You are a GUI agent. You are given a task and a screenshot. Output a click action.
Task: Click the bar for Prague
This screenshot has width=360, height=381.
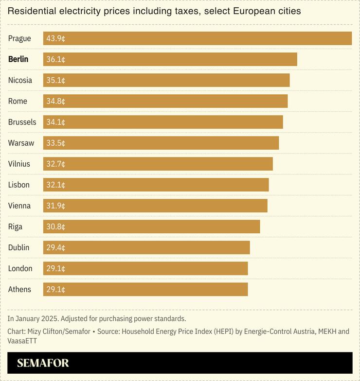pos(197,38)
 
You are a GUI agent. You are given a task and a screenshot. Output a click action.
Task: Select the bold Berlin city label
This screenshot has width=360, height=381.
pos(18,59)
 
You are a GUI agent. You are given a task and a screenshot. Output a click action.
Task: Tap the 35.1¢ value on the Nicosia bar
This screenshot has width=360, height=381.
pos(55,80)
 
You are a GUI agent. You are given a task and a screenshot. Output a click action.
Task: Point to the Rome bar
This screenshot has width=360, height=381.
pos(165,101)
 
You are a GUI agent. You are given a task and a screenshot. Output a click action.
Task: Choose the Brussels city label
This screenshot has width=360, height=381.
pos(22,122)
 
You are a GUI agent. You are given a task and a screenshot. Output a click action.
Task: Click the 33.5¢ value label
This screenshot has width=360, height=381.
pos(55,143)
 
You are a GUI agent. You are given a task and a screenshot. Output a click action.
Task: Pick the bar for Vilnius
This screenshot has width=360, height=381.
pos(158,164)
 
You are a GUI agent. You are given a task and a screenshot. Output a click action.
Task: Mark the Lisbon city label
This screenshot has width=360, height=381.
pos(18,185)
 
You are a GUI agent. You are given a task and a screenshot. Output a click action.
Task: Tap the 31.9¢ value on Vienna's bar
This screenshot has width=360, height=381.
pos(55,206)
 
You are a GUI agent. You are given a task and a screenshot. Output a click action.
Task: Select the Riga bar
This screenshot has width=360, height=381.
pos(151,226)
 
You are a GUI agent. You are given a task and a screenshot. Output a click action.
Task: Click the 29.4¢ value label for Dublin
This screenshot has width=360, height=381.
pos(55,247)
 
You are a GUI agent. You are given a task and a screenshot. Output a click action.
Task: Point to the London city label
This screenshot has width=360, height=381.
pos(21,268)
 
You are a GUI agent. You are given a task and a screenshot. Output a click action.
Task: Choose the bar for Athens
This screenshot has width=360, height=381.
pos(145,289)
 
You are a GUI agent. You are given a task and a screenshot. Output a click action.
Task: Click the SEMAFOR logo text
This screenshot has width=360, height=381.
pos(43,363)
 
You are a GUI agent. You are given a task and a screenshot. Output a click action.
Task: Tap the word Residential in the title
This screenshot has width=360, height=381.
pos(29,11)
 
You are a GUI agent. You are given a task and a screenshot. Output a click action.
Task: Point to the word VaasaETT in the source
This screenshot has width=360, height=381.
pos(22,341)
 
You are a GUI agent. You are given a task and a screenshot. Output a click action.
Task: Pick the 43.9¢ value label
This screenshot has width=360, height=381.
pos(55,38)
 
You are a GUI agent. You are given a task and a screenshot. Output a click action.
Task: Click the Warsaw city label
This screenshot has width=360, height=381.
pos(21,143)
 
